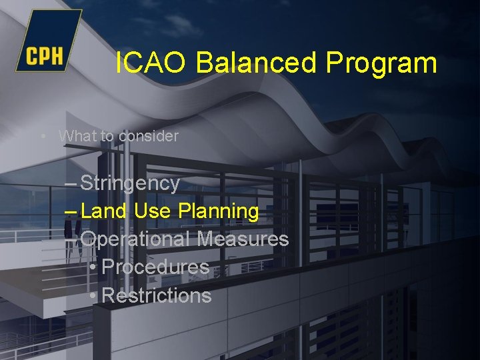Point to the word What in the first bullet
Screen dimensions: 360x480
(77, 136)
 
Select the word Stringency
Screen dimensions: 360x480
(130, 183)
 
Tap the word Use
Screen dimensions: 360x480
(153, 211)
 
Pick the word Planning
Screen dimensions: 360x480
(219, 212)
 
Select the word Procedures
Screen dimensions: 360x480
(156, 267)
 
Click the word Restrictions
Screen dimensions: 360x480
(157, 295)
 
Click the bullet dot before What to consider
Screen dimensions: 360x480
(43, 137)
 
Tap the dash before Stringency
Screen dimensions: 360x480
(71, 183)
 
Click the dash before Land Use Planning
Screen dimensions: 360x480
(71, 211)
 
